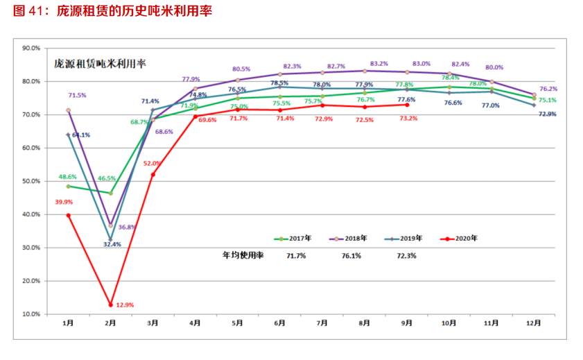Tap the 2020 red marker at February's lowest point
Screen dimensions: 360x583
point(110,305)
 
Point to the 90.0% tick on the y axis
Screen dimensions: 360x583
point(31,49)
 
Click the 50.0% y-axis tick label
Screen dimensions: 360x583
point(31,182)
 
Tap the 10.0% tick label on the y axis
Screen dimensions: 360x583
point(31,314)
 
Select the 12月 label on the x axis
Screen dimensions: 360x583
point(534,323)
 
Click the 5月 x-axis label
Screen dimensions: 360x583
point(237,323)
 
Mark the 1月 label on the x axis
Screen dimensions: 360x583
point(68,323)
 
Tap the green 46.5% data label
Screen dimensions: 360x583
point(106,179)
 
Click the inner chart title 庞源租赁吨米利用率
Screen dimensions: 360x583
point(100,63)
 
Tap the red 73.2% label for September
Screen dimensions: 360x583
point(408,119)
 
